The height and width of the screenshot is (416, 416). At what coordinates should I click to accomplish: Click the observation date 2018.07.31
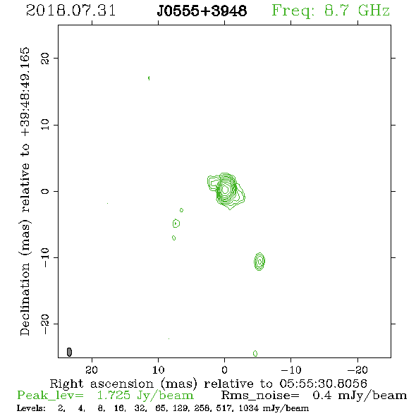[x=71, y=11]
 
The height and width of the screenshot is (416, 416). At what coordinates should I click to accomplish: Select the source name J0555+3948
[x=202, y=11]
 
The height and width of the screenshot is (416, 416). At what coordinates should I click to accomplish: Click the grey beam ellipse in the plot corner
[x=69, y=352]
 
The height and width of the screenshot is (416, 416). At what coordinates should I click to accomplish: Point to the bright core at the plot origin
[x=225, y=189]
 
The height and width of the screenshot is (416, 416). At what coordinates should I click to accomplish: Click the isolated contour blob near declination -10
[x=259, y=262]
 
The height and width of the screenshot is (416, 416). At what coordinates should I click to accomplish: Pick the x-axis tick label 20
[x=92, y=369]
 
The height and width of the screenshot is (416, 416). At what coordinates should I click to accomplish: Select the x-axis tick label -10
[x=291, y=369]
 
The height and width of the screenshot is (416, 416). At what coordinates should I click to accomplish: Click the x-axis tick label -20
[x=357, y=369]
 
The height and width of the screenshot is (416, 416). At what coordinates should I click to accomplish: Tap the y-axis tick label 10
[x=45, y=125]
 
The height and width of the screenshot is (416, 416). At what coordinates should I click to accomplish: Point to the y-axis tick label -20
[x=45, y=324]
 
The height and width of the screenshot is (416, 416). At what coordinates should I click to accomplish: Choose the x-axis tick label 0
[x=224, y=369]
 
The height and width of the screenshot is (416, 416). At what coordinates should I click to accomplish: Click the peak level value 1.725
[x=114, y=396]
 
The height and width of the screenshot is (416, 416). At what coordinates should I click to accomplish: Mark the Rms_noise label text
[x=260, y=396]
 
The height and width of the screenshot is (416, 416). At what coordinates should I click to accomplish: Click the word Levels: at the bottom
[x=31, y=408]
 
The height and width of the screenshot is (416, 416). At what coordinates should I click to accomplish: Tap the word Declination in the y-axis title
[x=25, y=300]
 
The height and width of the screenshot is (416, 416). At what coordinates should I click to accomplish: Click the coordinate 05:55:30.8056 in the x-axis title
[x=323, y=384]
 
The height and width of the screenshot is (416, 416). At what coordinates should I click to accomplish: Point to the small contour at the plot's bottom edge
[x=255, y=353]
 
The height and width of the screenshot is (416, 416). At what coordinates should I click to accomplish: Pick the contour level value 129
[x=182, y=408]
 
